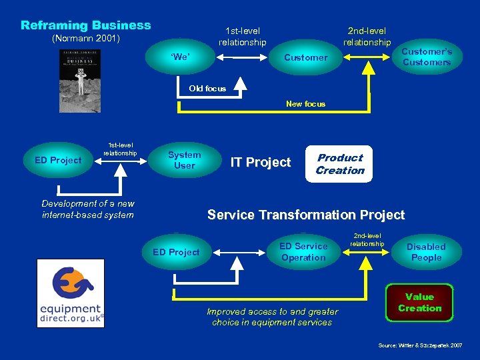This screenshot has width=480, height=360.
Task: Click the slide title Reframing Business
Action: click(86, 25)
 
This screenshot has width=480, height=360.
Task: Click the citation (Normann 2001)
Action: click(86, 39)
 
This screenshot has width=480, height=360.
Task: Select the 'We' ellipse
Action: click(180, 57)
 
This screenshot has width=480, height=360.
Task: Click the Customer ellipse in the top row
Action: click(305, 58)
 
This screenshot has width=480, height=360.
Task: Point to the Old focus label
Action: click(207, 89)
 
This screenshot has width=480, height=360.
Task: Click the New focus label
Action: click(305, 104)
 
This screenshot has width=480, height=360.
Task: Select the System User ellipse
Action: click(185, 160)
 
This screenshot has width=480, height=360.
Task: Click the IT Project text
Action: click(261, 162)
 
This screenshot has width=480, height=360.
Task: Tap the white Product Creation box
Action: click(340, 164)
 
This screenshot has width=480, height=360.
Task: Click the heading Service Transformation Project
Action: click(305, 215)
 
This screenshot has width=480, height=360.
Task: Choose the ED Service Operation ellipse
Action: click(303, 252)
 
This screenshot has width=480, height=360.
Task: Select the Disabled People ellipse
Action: click(426, 252)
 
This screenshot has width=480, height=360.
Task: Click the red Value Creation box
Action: click(419, 303)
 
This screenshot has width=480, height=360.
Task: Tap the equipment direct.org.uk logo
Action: click(70, 293)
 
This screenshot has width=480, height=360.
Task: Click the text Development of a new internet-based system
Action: click(87, 209)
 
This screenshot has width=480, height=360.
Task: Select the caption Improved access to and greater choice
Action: click(272, 317)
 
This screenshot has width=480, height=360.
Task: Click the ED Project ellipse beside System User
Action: click(58, 160)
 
